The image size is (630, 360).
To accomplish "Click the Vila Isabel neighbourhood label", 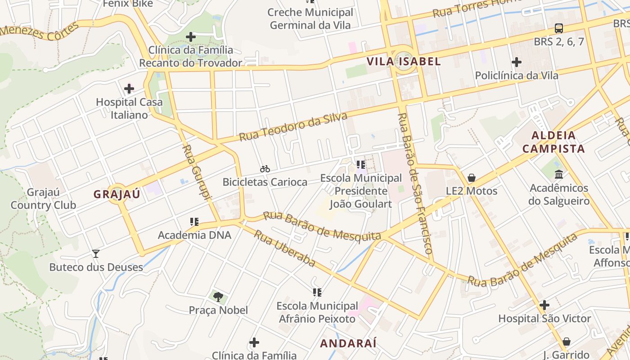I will click(404, 61).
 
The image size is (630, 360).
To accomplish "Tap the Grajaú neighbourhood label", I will click(117, 194).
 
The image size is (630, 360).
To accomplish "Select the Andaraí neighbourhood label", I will click(348, 343).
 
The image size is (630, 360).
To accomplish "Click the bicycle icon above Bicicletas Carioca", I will click(265, 169).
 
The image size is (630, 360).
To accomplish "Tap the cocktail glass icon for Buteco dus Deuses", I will click(95, 254).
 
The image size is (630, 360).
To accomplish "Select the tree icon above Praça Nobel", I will click(218, 297).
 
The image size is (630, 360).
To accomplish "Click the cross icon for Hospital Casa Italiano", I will click(129, 89).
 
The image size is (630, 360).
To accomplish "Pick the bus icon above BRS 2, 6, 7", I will click(558, 28).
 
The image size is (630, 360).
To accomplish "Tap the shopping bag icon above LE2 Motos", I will click(472, 178).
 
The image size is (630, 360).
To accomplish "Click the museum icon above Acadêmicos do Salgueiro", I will click(559, 174).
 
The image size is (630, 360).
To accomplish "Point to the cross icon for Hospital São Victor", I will click(544, 305).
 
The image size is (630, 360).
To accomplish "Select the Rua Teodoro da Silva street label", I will click(293, 127).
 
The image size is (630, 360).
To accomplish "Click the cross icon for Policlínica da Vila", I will click(517, 62).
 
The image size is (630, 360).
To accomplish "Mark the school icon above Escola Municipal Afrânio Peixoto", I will click(317, 292).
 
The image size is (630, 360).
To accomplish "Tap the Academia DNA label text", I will click(194, 235).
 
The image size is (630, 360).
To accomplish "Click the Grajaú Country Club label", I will click(43, 199).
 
